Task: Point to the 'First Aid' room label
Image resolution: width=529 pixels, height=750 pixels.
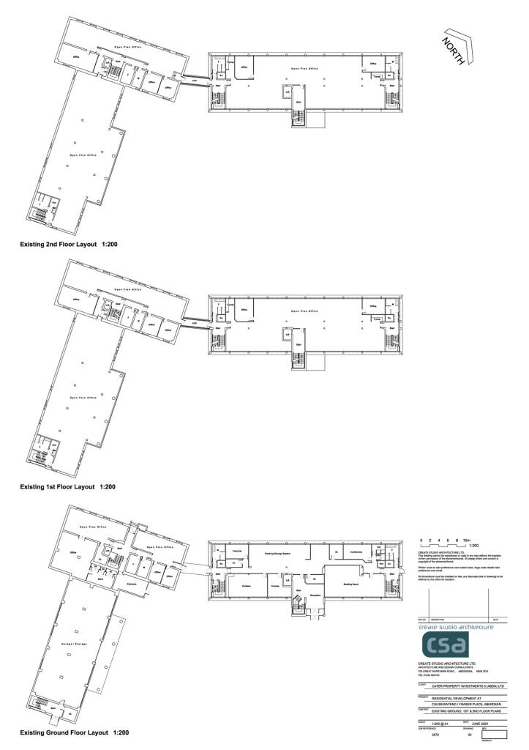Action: pyautogui.click(x=236, y=551)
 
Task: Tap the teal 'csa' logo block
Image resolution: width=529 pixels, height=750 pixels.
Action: pyautogui.click(x=444, y=645)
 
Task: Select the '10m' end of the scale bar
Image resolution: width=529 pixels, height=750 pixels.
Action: pyautogui.click(x=466, y=540)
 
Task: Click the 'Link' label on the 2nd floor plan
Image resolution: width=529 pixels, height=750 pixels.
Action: pyautogui.click(x=195, y=80)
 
